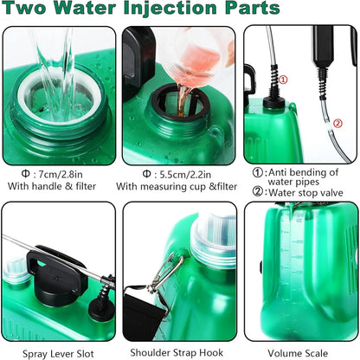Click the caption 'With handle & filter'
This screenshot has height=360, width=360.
pos(59,185)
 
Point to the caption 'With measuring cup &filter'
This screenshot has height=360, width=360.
pos(177,185)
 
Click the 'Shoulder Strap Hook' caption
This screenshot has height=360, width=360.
pos(180,351)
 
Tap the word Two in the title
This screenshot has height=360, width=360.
pos(26,10)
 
